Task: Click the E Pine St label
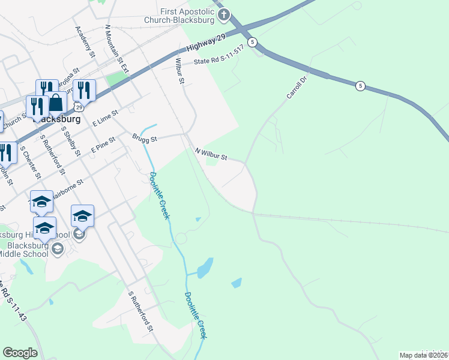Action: point(103,146)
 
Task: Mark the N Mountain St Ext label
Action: point(116,48)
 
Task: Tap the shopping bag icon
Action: point(56,103)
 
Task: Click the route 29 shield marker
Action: point(79,106)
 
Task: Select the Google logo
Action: point(20,353)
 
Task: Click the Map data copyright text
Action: point(424,355)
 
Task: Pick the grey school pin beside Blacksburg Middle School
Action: point(58,248)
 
